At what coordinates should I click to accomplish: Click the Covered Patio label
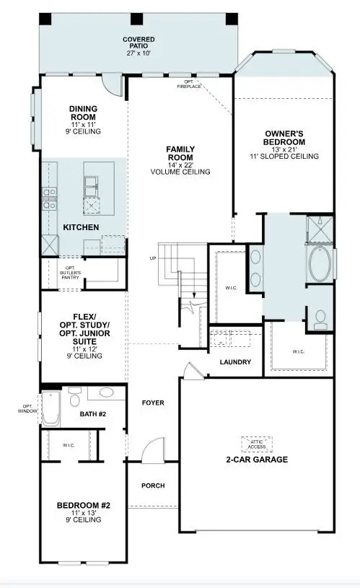point(139,43)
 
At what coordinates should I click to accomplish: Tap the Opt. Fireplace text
point(189,84)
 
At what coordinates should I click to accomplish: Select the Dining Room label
point(83,113)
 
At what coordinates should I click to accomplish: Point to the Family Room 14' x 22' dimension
point(180,164)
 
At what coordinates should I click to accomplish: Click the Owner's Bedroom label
point(284,138)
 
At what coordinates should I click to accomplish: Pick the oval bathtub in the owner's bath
point(320,263)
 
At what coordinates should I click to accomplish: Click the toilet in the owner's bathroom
point(320,320)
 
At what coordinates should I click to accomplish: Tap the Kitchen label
point(81,227)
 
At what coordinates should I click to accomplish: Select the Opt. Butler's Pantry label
point(70,273)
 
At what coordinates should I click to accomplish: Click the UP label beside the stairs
point(153,258)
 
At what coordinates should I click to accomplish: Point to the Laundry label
point(235,362)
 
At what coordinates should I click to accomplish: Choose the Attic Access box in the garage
point(257,444)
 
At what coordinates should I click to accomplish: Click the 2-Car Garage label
point(257,460)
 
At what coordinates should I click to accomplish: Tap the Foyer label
point(153,403)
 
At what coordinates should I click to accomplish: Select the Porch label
point(153,486)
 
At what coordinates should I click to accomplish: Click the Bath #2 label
point(93,414)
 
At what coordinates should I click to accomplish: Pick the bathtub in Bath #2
point(51,408)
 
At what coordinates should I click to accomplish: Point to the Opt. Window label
point(27,409)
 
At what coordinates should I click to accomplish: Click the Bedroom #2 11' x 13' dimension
point(83,513)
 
